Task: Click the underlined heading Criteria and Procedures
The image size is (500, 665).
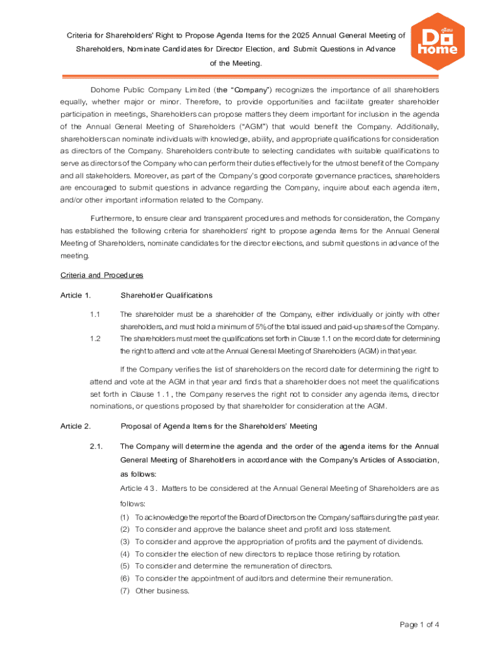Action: [x=101, y=275]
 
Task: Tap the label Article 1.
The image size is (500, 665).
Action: [x=75, y=296]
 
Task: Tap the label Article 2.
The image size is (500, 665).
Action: [x=75, y=427]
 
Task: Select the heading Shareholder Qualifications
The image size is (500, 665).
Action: [x=166, y=296]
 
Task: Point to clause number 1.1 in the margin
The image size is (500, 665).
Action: [x=94, y=315]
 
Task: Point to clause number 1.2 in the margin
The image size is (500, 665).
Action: [x=94, y=339]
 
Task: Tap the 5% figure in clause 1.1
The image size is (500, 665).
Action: [x=277, y=327]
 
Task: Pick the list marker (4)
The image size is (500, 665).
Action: [x=125, y=554]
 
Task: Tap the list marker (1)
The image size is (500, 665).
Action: [x=125, y=518]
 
